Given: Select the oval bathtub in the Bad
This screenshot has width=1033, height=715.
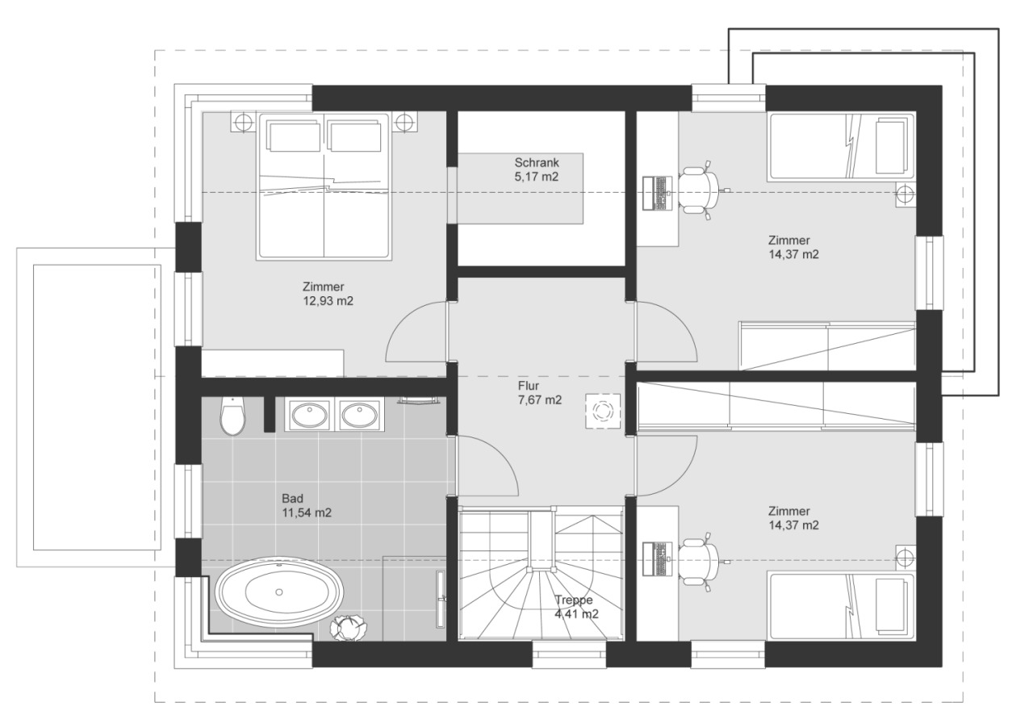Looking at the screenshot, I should pos(278,593).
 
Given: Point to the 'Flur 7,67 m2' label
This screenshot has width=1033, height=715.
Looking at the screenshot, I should pos(539,392).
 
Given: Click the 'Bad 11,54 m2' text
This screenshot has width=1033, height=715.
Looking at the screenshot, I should pos(307,505).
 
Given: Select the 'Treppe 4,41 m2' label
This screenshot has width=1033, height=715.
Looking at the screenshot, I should pos(575,607).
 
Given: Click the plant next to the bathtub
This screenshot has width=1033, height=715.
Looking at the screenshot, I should pos(349,627).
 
